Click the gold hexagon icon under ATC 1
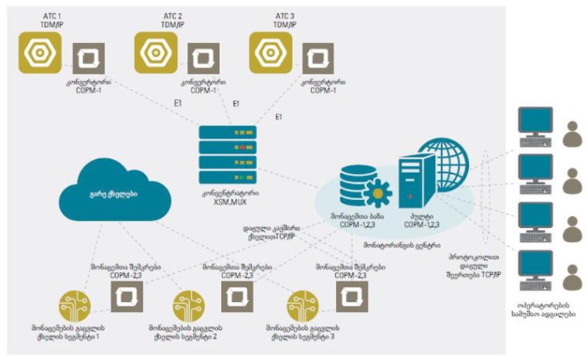tap(39, 53)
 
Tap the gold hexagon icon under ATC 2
tap(157, 53)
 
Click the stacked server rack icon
tap(227, 154)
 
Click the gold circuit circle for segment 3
tap(304, 304)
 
